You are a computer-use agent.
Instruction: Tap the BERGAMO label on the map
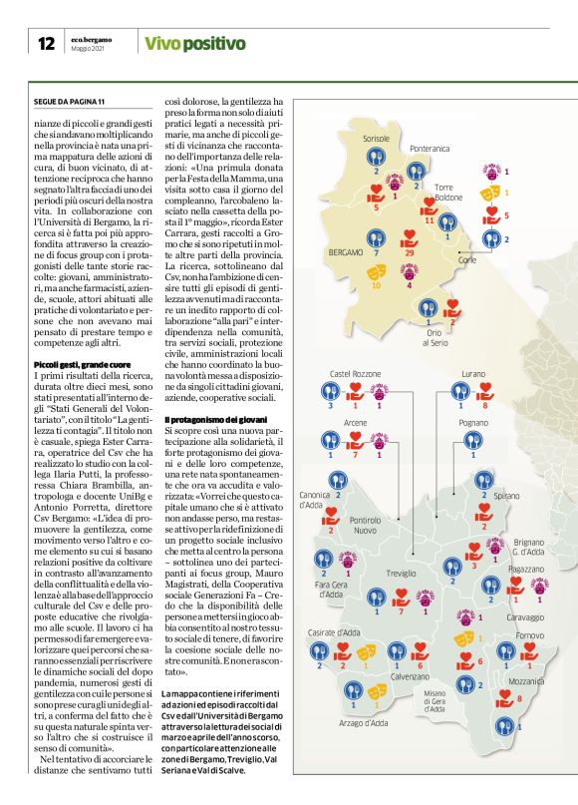346,253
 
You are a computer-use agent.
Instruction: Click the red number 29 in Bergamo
410,254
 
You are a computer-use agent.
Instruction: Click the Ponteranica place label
430,148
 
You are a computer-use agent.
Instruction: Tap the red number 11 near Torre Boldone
429,220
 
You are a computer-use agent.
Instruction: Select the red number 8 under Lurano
484,407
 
